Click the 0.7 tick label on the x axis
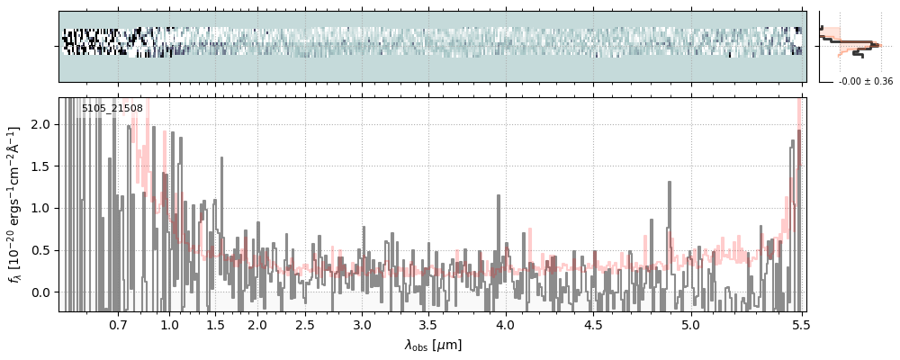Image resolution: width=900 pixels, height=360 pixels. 118,325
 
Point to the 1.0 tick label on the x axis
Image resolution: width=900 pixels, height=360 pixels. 169,325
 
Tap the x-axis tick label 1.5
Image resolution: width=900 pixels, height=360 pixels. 215,325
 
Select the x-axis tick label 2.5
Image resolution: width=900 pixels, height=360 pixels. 305,325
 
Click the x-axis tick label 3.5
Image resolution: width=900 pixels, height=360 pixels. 434,325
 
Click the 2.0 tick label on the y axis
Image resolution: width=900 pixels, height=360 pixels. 41,124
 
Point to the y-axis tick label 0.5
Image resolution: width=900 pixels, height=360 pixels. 41,250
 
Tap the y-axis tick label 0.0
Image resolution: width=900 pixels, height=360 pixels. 41,292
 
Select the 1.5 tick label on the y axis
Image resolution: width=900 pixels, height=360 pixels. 41,166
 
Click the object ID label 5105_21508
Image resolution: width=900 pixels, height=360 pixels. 112,109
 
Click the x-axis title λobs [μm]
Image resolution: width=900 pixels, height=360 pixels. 433,344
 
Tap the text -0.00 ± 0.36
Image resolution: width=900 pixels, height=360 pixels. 865,82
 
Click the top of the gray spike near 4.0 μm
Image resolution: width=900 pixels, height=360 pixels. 498,195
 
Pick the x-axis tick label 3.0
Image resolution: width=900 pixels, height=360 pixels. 362,325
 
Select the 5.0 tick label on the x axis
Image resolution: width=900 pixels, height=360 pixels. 690,325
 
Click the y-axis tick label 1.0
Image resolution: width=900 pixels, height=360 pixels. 41,208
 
